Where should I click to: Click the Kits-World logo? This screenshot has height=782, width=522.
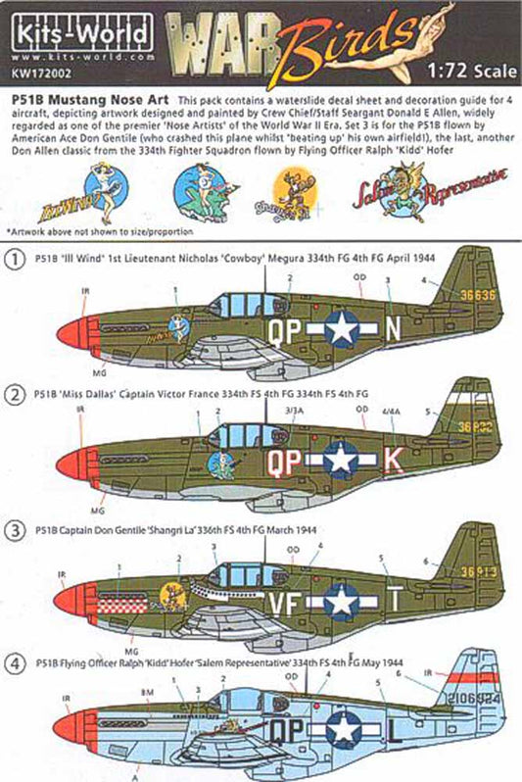tap(60, 33)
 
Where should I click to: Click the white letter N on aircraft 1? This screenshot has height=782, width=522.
tap(390, 331)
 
